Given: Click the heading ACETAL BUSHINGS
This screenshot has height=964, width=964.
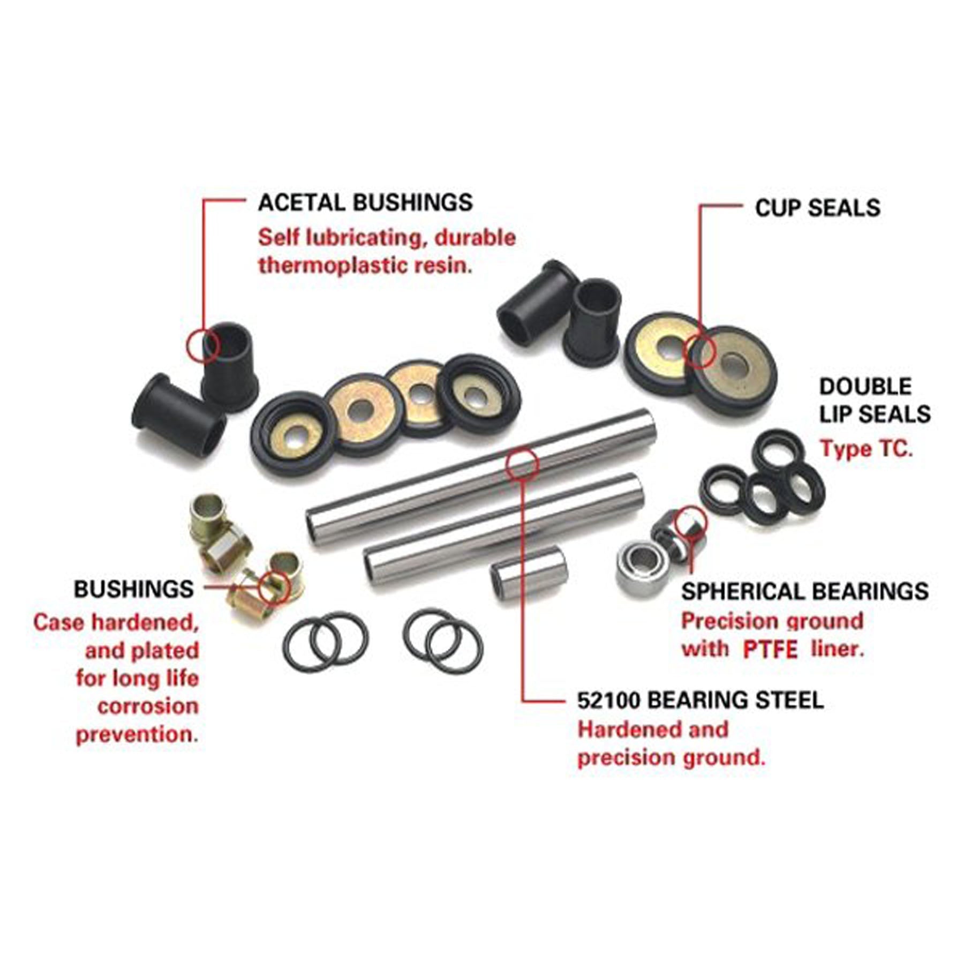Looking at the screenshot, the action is tap(365, 202).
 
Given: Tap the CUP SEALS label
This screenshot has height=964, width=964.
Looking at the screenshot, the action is tap(817, 208).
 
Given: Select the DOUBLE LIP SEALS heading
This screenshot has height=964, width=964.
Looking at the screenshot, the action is tap(875, 401).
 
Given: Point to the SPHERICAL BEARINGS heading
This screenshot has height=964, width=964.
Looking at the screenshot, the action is tap(805, 591).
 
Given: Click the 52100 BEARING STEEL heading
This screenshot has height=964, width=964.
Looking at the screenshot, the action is tap(701, 701).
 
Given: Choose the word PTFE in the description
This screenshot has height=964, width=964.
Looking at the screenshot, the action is tap(771, 650).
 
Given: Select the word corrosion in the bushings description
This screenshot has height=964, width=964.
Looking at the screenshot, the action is tap(148, 706).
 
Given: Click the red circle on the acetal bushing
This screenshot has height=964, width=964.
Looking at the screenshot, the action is tap(204, 345).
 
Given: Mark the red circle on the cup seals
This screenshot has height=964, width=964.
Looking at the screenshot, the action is tap(699, 350).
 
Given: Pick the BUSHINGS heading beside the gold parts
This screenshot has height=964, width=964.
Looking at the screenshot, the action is tap(134, 589).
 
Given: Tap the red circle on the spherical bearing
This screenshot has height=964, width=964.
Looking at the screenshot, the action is tap(690, 524).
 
